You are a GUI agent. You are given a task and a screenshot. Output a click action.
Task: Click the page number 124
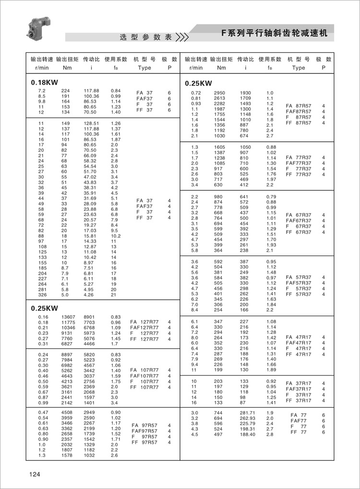coord(34,475)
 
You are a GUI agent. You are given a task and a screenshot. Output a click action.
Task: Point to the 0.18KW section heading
coord(44,82)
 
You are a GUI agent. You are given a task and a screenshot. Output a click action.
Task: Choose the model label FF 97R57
coord(144,442)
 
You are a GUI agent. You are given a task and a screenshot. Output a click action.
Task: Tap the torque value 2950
coord(219,93)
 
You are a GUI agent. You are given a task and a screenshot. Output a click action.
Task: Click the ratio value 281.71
coord(247,413)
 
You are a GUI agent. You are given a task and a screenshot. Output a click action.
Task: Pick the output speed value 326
coord(41,295)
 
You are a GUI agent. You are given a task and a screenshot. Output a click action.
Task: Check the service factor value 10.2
coord(116,236)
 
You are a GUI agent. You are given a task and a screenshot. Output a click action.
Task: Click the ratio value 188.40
coord(247,435)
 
